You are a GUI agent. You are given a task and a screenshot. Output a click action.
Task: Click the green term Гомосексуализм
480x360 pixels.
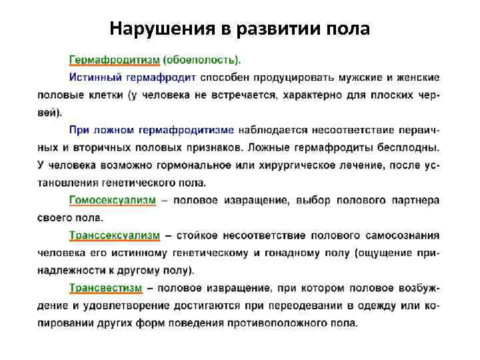pyautogui.click(x=113, y=199)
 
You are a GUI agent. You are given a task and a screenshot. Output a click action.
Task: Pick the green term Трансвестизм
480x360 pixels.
pyautogui.click(x=106, y=288)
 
